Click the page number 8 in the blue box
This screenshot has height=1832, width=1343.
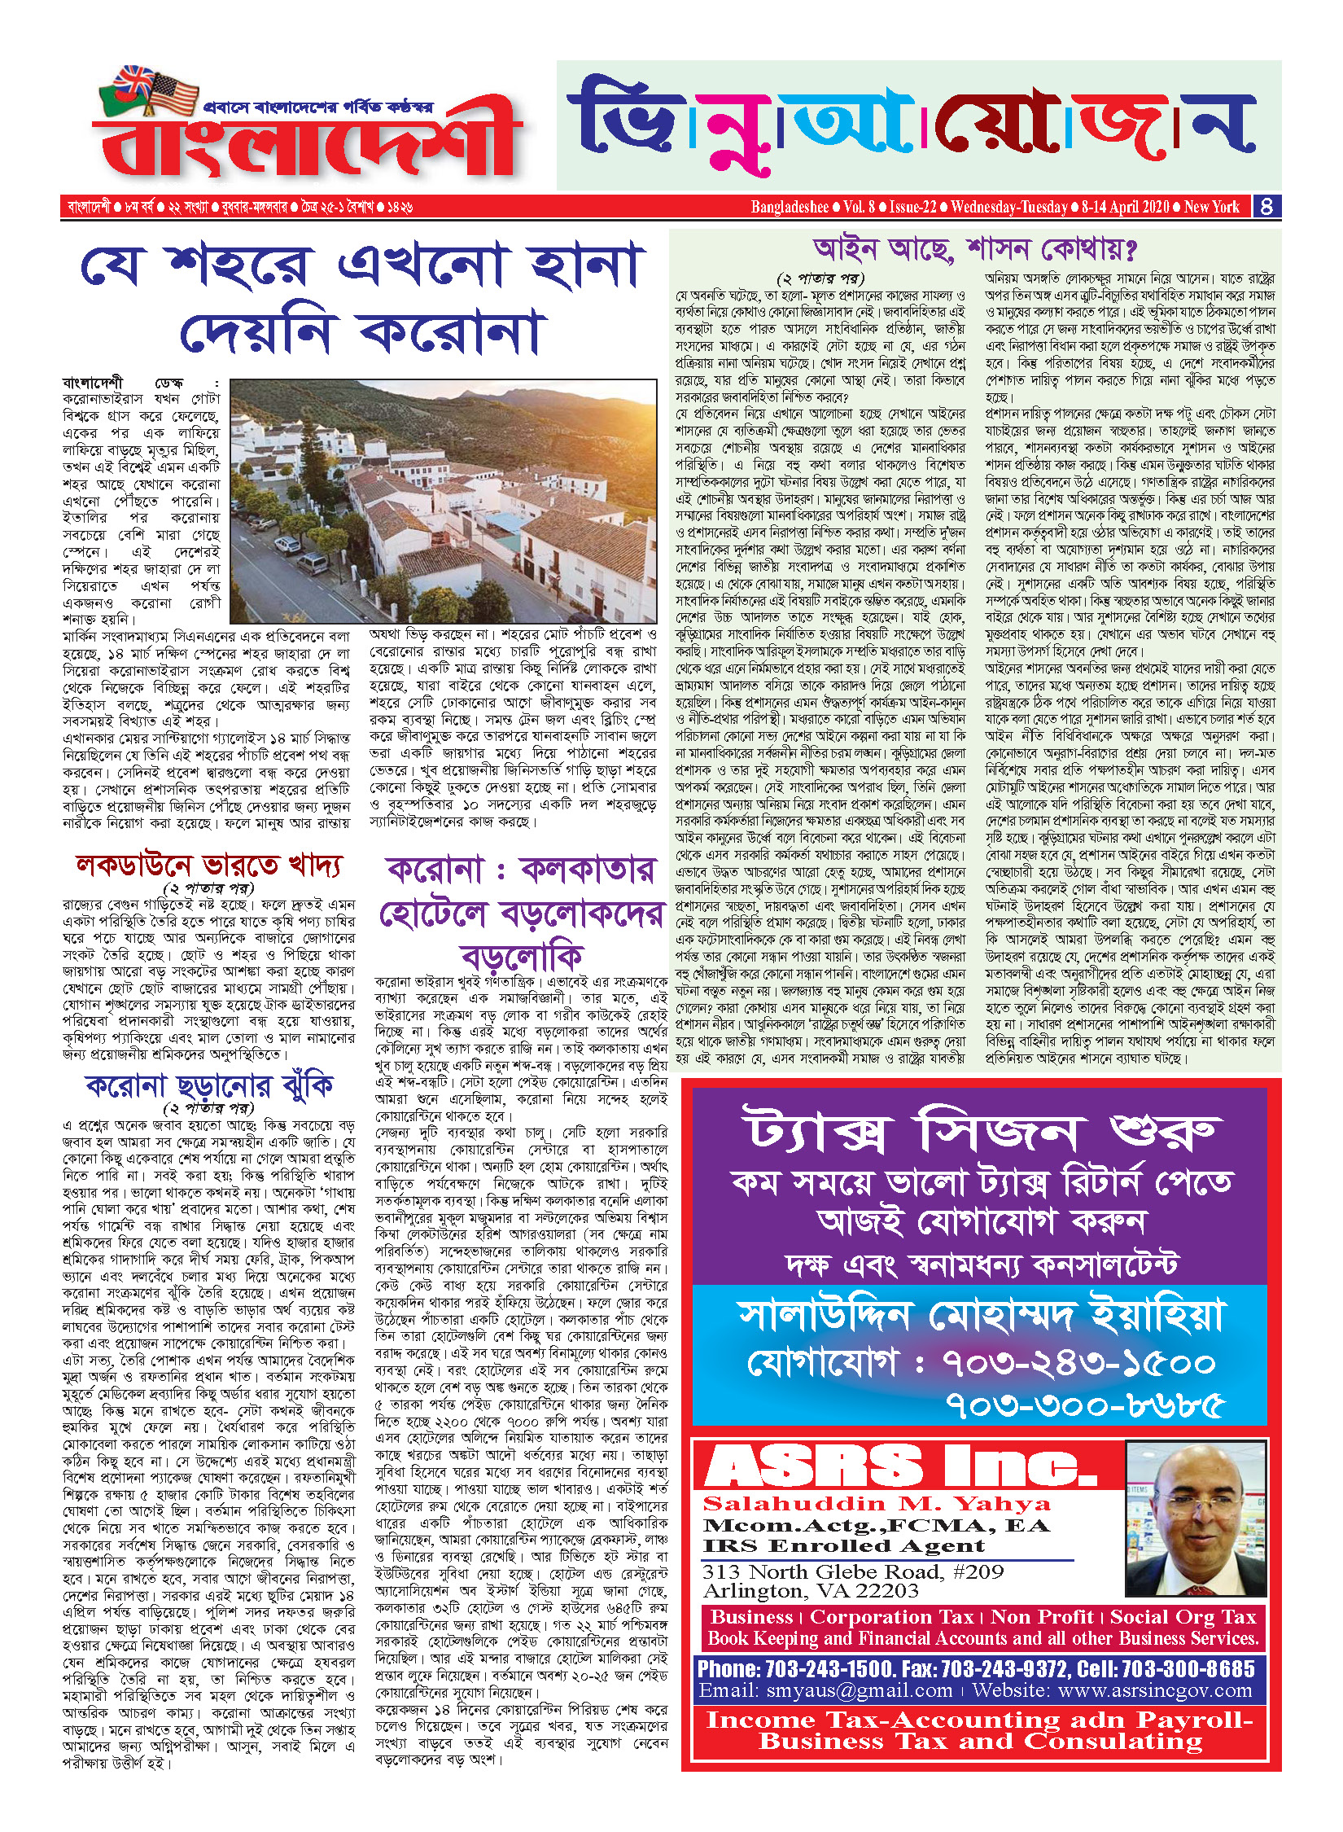(1266, 206)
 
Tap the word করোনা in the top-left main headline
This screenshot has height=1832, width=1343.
(452, 331)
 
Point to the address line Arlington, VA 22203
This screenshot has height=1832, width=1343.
(811, 1590)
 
